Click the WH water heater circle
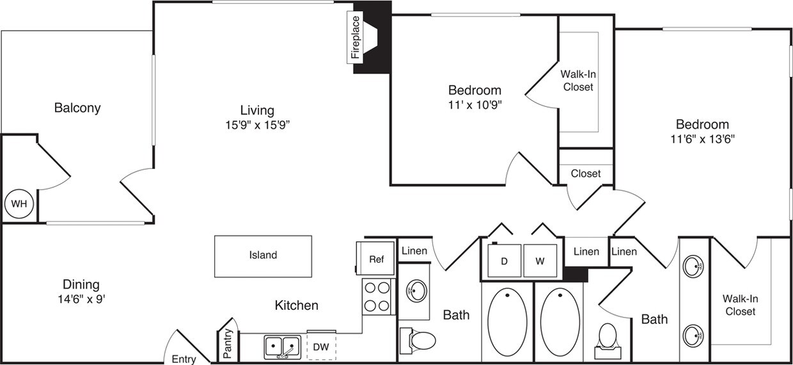click(19, 204)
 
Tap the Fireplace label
click(355, 38)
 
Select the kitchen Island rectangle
click(263, 255)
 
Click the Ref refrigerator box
click(376, 259)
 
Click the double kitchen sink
click(282, 347)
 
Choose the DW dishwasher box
click(321, 347)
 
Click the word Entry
click(184, 359)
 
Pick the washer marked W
click(540, 262)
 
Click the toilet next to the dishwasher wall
click(419, 339)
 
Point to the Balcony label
click(77, 108)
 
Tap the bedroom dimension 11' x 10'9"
click(474, 105)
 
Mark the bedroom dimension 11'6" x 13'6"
click(702, 139)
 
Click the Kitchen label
click(296, 305)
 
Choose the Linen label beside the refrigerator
click(414, 251)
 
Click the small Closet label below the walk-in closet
click(585, 174)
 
